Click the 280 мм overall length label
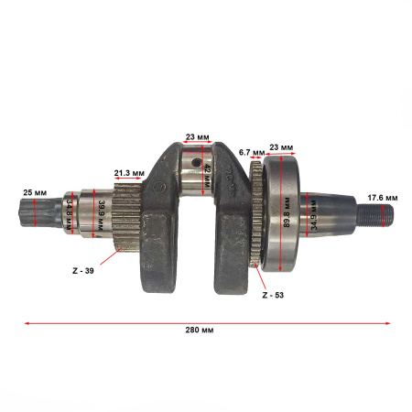pyautogui.click(x=200, y=330)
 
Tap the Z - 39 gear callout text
pyautogui.click(x=83, y=271)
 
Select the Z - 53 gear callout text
pyautogui.click(x=273, y=295)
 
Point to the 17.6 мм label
pyautogui.click(x=383, y=198)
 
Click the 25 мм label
pyautogui.click(x=35, y=193)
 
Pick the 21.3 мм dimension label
pyautogui.click(x=129, y=173)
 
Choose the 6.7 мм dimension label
pyautogui.click(x=252, y=152)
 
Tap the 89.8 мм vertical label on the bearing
pyautogui.click(x=287, y=212)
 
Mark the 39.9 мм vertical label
pyautogui.click(x=101, y=215)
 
